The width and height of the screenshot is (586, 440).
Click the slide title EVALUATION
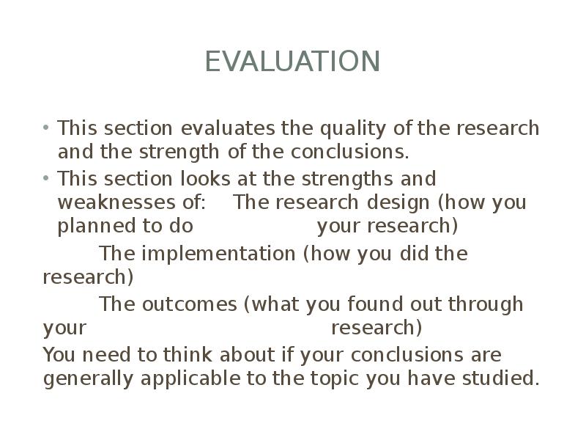292,62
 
